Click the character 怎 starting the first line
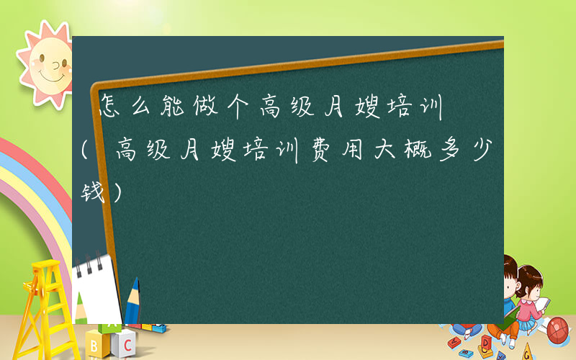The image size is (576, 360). [x=109, y=109]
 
